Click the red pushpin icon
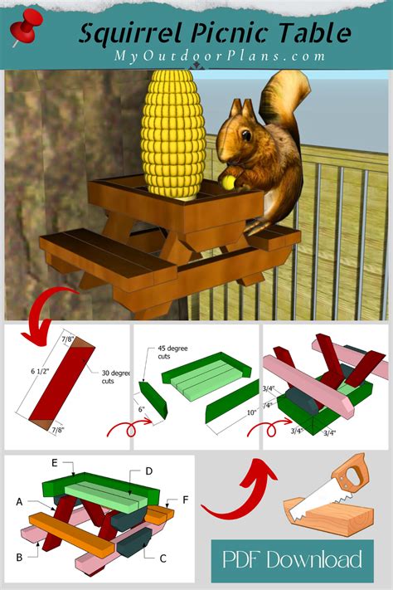tap(24, 29)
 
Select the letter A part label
tap(17, 501)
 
